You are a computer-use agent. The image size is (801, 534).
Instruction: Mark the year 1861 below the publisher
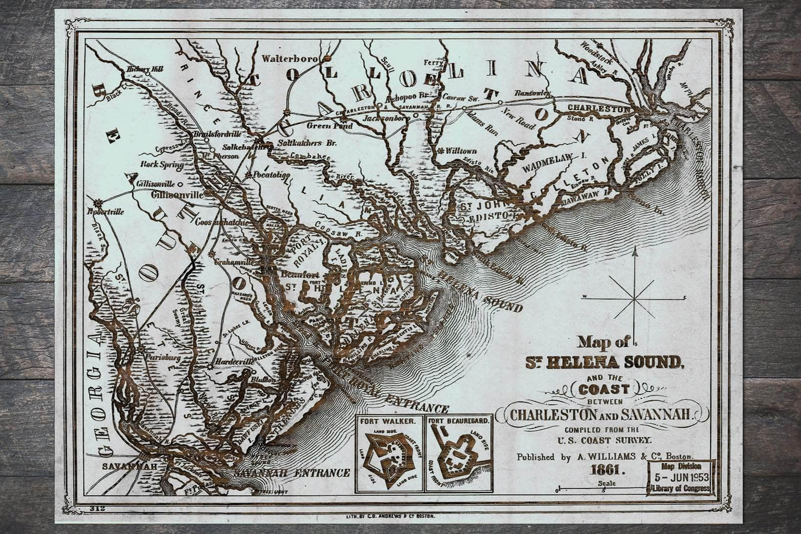tap(607, 471)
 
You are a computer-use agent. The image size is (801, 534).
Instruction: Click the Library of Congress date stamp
tap(681, 477)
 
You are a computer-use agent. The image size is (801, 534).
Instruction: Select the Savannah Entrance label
tap(292, 473)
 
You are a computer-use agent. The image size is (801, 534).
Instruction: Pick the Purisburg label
tap(162, 358)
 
